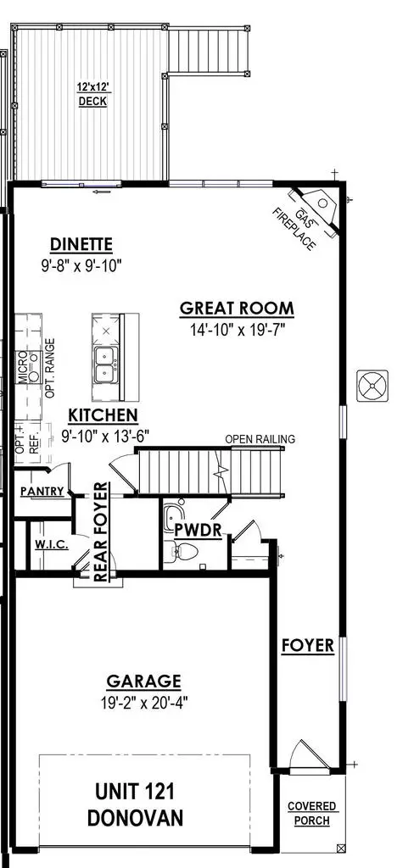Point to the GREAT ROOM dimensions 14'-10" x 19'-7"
[x=237, y=329]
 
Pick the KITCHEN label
[x=103, y=415]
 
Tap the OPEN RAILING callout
[x=260, y=439]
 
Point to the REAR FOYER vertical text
[x=101, y=532]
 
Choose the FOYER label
[x=307, y=647]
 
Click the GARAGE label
[x=143, y=680]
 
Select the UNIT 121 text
[x=145, y=792]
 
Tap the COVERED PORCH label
[x=310, y=813]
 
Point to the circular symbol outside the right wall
[x=372, y=385]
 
